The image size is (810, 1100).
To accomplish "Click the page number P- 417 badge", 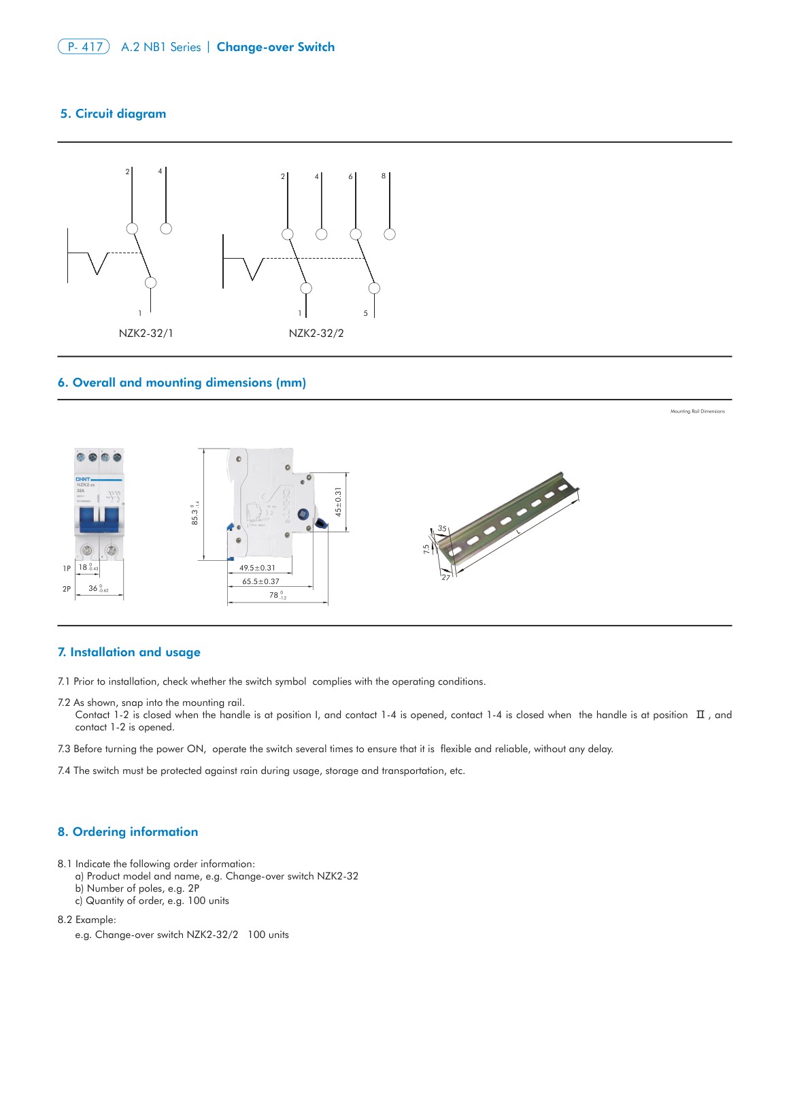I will pyautogui.click(x=84, y=47).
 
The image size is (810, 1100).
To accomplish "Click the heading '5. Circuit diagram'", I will pyautogui.click(x=113, y=114).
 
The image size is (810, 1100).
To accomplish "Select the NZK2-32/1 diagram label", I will pyautogui.click(x=146, y=334).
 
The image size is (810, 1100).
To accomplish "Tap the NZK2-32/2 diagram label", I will pyautogui.click(x=316, y=334).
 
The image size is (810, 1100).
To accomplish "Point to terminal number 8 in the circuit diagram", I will pyautogui.click(x=384, y=176).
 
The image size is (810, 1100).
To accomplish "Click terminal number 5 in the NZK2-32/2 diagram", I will pyautogui.click(x=366, y=313).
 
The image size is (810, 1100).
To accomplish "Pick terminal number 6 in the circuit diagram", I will pyautogui.click(x=350, y=177).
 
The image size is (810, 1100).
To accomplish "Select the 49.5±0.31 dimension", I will pyautogui.click(x=257, y=568).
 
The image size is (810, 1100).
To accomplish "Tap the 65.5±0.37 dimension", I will pyautogui.click(x=260, y=581).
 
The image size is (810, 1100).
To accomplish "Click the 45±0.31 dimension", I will pyautogui.click(x=339, y=501).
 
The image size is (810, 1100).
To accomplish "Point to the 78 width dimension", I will pyautogui.click(x=275, y=595).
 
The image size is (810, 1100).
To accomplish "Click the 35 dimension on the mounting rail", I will pyautogui.click(x=442, y=528).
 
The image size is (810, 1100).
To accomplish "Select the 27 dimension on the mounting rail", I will pyautogui.click(x=445, y=577).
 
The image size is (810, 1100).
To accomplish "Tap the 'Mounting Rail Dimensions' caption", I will pyautogui.click(x=697, y=411).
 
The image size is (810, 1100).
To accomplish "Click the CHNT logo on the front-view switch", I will pyautogui.click(x=83, y=479).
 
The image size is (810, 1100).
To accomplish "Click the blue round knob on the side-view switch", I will pyautogui.click(x=303, y=516).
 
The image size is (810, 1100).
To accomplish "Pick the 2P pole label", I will pyautogui.click(x=67, y=589).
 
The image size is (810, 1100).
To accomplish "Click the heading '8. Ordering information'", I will pyautogui.click(x=128, y=832).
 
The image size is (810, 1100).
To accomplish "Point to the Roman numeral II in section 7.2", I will pyautogui.click(x=701, y=715).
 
